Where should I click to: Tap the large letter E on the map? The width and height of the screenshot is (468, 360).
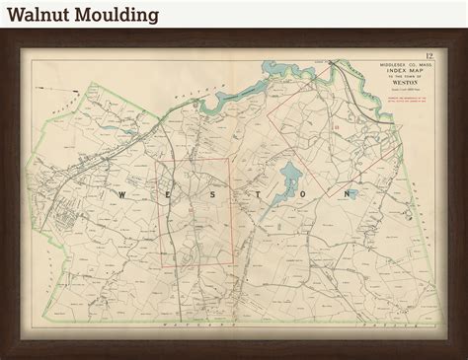[164, 195]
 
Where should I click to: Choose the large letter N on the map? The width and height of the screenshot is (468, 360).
[347, 195]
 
